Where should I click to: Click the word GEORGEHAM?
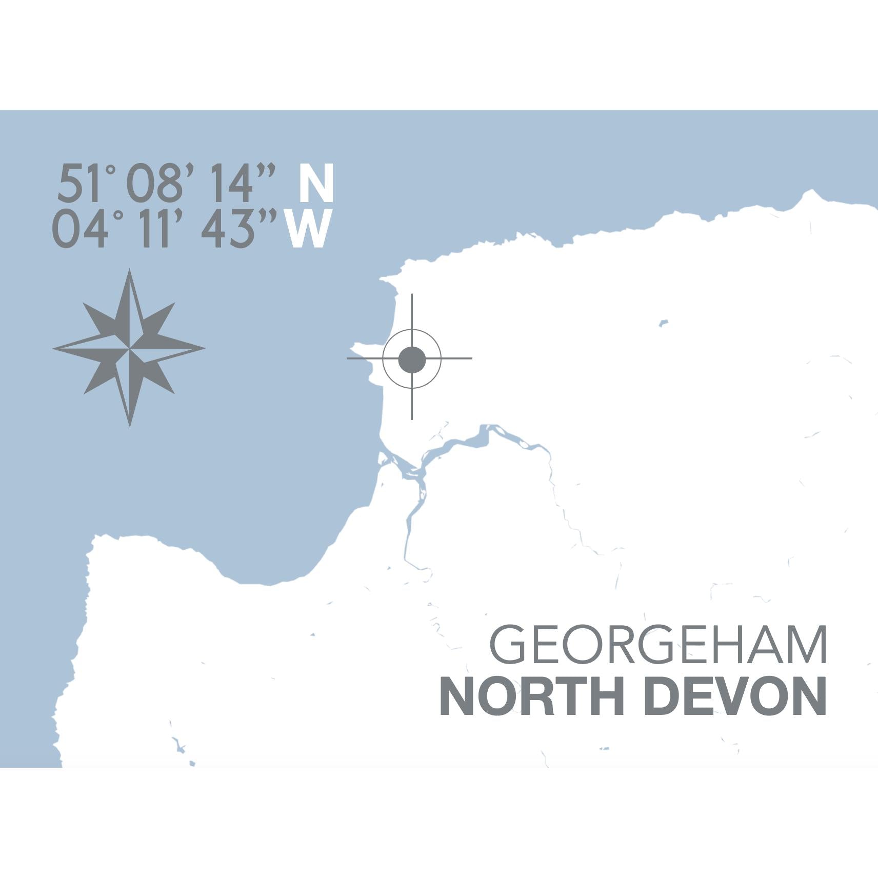658,645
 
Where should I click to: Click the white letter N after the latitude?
316,183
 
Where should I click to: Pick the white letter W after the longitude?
308,229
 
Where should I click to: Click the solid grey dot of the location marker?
412,359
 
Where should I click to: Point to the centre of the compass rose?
129,348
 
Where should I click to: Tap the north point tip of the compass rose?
129,270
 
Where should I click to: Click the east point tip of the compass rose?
205,348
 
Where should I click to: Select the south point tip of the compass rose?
130,426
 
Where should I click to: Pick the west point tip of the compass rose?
53,348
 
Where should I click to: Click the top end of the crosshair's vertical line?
412,295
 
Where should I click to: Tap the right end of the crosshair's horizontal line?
471,358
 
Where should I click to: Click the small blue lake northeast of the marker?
663,324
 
